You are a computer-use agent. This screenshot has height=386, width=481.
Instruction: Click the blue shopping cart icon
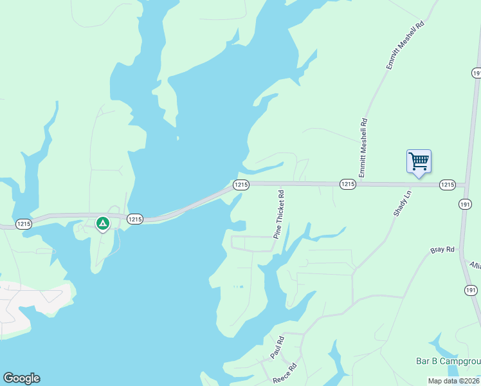[x=419, y=161]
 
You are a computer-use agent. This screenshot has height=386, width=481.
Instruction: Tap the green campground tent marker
[x=102, y=223]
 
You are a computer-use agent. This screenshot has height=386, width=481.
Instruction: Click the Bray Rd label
[x=442, y=250]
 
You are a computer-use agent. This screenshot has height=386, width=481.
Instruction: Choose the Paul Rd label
[x=277, y=347]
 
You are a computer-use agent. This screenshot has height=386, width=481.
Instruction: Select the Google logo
[x=21, y=378]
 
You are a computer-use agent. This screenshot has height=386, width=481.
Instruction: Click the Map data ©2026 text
[x=454, y=381]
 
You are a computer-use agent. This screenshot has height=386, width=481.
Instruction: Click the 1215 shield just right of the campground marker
[x=134, y=219]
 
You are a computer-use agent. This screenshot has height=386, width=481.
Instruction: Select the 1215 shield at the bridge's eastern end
[x=240, y=185]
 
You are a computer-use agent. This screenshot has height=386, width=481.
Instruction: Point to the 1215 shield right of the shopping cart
[x=448, y=185]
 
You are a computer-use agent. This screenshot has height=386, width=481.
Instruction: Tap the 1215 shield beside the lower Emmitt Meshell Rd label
[x=347, y=185]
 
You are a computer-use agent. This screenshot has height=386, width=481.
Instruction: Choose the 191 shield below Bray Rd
[x=471, y=291]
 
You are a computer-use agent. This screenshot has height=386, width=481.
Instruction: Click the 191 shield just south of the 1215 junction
[x=466, y=204]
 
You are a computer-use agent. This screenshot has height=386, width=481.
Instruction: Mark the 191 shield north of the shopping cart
[x=476, y=73]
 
